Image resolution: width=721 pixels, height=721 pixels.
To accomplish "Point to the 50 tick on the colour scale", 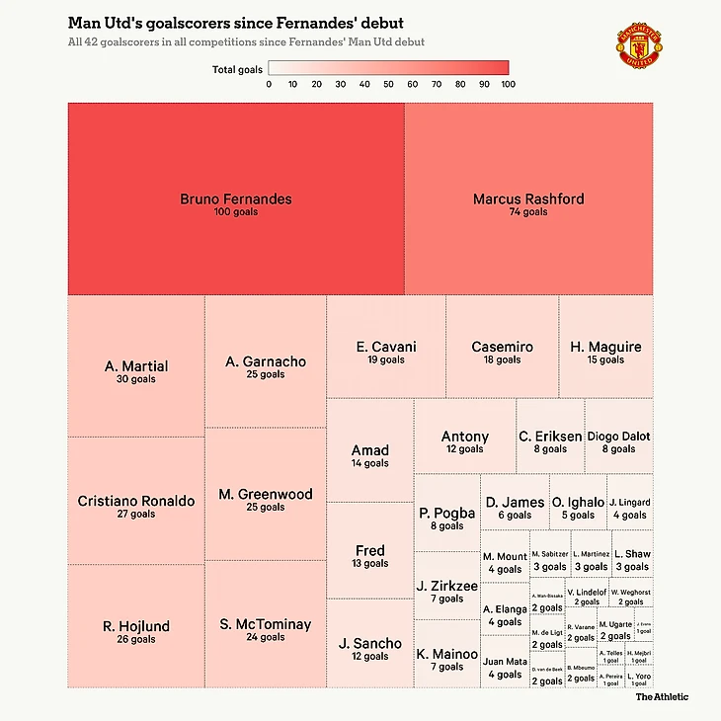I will [389, 84].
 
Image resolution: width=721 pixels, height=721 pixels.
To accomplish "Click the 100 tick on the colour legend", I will [508, 84].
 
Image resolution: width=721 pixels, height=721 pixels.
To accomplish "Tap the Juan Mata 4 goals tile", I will [504, 667].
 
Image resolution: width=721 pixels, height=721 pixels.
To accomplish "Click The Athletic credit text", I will [662, 697].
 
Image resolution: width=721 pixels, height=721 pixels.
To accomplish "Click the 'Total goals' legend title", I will [237, 70].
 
